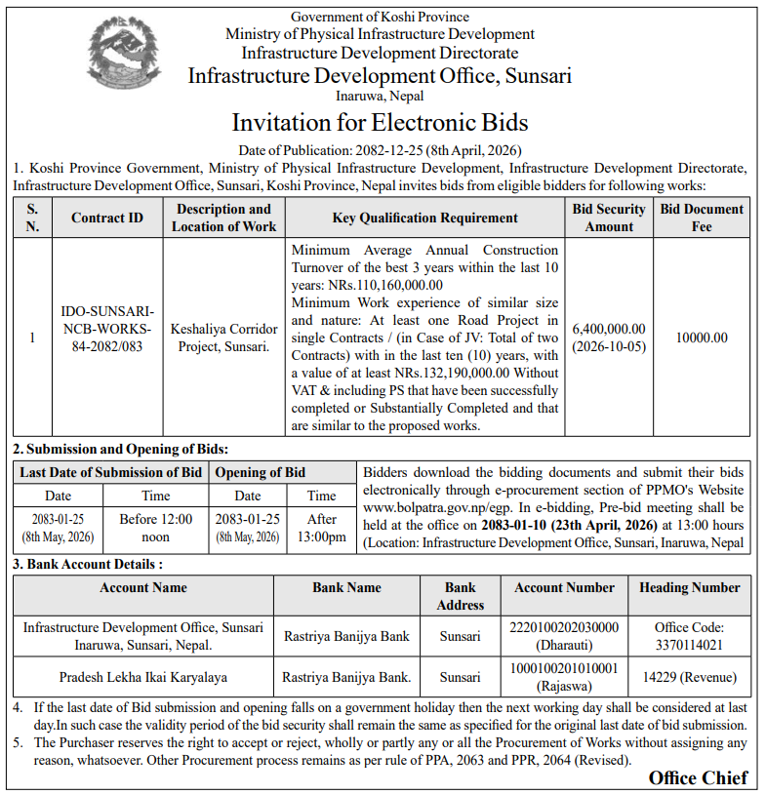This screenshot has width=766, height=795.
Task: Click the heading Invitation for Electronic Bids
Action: (x=380, y=123)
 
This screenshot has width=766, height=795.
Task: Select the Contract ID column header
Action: (x=107, y=218)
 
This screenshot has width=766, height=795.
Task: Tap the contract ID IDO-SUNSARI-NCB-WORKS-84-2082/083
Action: (x=107, y=330)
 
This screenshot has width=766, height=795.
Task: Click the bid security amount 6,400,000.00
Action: (x=609, y=330)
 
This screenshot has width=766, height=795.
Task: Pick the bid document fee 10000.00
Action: (x=702, y=338)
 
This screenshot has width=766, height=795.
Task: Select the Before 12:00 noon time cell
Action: (x=156, y=528)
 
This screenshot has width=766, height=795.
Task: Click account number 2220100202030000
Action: (x=565, y=627)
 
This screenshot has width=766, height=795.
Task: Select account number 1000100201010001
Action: (x=565, y=668)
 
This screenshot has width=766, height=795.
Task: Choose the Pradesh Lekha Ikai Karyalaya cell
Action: (x=143, y=676)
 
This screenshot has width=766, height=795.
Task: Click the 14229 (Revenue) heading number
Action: (x=689, y=676)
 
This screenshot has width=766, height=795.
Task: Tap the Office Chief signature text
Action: (x=698, y=777)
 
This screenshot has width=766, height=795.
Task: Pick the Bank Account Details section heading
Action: (x=88, y=564)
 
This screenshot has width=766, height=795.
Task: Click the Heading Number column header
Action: (x=689, y=587)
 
